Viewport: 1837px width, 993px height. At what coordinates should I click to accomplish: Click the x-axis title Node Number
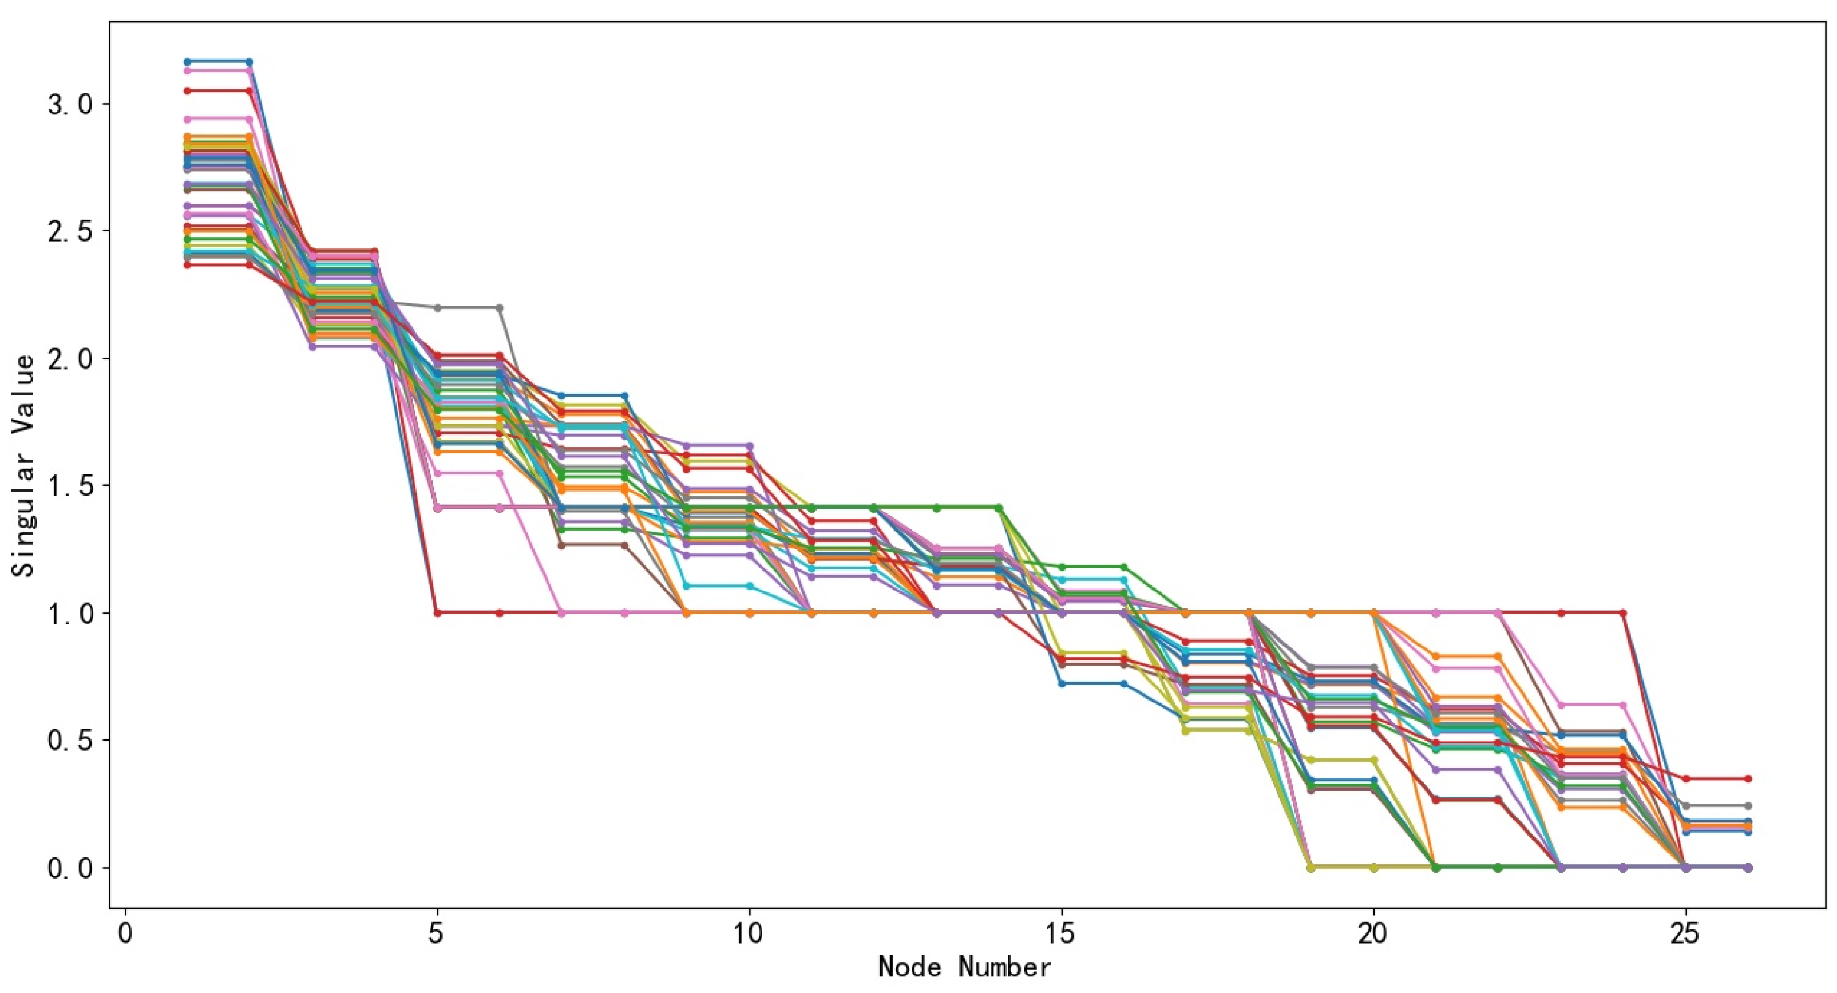tap(964, 968)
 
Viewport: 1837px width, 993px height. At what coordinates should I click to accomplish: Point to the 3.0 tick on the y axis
tap(70, 104)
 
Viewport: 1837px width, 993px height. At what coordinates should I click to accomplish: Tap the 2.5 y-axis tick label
tap(70, 231)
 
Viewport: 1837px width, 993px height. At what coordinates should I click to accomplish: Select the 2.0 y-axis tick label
tap(70, 358)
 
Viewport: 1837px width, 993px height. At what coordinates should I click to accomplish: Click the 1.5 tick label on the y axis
tap(70, 486)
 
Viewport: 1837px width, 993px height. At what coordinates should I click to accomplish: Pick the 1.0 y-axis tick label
tap(70, 613)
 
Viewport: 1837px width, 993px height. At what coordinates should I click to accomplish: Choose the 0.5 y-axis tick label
tap(70, 741)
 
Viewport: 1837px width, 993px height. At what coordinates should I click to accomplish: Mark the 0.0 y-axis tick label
tap(70, 868)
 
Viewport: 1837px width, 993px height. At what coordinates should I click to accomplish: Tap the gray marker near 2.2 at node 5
tap(437, 308)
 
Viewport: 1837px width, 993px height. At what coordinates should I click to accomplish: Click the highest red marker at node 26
tap(1748, 778)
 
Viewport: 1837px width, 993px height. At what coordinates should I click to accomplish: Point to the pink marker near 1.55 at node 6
tap(500, 473)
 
